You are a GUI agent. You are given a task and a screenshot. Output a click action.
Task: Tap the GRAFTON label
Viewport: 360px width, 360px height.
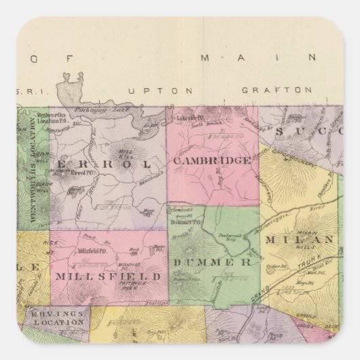click(x=276, y=89)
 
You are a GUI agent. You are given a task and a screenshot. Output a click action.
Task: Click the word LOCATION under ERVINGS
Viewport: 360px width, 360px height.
click(x=60, y=322)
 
